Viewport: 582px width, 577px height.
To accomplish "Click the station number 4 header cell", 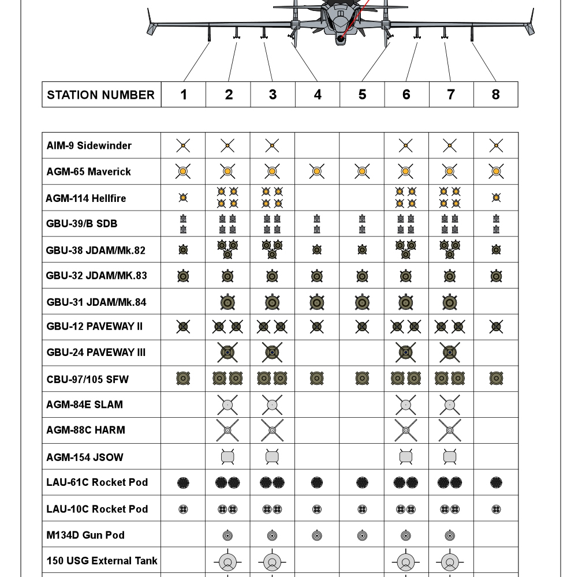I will coord(318,95).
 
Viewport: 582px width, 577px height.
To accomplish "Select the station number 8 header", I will coord(495,95).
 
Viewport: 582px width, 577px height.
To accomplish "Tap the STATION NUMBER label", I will coord(101,95).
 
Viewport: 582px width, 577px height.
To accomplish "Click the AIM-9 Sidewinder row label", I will coord(89,145).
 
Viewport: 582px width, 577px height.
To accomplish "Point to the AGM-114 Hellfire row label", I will coord(85,198).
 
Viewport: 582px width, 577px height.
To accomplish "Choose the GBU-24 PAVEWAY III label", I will coord(96,352).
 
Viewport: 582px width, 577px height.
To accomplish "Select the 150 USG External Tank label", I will coord(102,560).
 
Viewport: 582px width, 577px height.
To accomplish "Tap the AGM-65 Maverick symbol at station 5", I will coord(362,171).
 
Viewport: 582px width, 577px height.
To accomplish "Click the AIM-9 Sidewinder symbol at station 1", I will coord(184,146).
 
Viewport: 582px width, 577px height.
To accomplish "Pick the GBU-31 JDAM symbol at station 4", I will coord(317,302).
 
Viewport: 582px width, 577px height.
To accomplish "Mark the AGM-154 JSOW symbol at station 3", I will coord(273,457).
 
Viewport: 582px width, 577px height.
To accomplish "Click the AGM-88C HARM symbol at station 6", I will coord(406,430).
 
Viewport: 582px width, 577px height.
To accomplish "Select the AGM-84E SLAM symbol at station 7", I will coord(450,405).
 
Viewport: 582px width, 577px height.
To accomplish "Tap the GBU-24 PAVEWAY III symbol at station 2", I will coord(228,352).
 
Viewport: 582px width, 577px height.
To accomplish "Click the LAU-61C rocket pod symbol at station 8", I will coord(495,482).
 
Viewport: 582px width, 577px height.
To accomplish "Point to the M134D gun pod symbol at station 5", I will coord(362,535).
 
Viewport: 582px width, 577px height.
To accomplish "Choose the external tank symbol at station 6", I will coord(406,562).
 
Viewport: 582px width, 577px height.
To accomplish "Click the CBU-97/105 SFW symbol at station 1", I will coord(184,379).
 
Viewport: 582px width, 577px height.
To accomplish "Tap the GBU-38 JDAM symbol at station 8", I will coord(495,250).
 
